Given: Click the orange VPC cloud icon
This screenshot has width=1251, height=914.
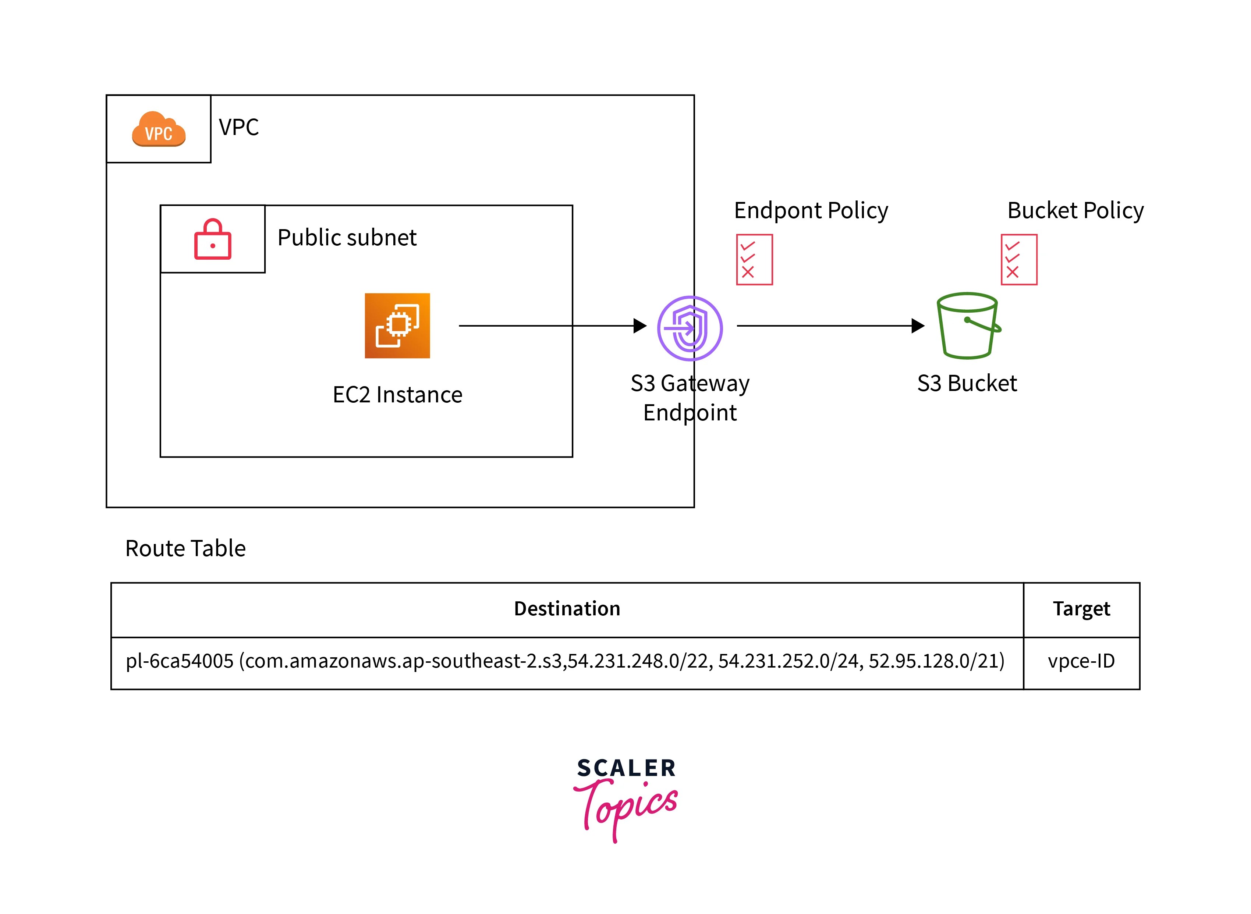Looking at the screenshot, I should point(158,129).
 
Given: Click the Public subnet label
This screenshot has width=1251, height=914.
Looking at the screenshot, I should point(347,237).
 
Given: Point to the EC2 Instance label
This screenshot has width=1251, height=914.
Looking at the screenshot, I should point(397,395).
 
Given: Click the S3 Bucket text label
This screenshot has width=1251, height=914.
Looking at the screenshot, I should point(967,383).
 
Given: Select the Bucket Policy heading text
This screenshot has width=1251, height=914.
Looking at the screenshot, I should point(1075,210).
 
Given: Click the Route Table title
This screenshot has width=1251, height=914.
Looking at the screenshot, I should point(185,548).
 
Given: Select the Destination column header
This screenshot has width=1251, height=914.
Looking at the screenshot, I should point(567,609).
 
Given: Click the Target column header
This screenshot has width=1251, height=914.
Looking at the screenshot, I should point(1081,609).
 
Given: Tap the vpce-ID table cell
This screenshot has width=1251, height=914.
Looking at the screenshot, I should point(1081,661).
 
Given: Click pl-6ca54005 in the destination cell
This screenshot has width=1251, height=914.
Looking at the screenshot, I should point(180,661).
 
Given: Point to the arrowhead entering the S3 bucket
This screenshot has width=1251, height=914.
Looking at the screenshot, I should point(918,326).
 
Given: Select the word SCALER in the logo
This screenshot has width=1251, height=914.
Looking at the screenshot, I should point(626,768).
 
